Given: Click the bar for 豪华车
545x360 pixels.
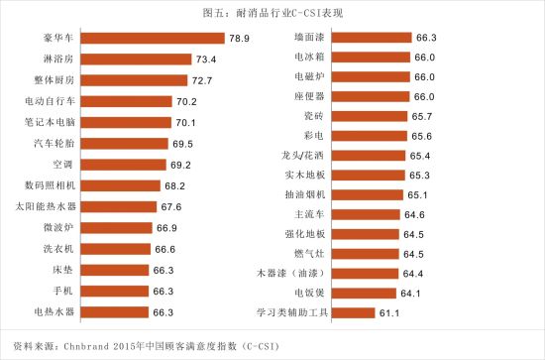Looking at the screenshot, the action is click(x=153, y=38).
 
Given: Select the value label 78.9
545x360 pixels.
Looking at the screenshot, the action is click(x=239, y=39).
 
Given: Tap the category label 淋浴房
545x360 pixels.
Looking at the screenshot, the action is click(x=58, y=59).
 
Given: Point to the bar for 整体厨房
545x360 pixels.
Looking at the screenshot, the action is click(x=134, y=80).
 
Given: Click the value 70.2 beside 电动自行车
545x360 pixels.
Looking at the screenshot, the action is click(x=186, y=101).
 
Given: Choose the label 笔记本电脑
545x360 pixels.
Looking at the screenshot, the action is click(x=50, y=122).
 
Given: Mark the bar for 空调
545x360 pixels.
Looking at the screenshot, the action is click(x=124, y=165).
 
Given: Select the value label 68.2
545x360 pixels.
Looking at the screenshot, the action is click(x=174, y=186).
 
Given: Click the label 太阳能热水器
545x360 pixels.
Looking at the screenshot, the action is click(x=46, y=206).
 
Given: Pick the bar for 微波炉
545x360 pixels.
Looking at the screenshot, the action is click(x=117, y=228).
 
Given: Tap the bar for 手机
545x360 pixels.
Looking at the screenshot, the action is click(x=115, y=292).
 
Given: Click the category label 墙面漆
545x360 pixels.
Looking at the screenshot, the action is click(x=309, y=37).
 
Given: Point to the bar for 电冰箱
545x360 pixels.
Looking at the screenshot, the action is click(x=371, y=58).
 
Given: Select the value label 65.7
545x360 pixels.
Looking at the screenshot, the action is click(x=422, y=116).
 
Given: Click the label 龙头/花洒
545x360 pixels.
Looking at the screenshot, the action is click(x=303, y=155).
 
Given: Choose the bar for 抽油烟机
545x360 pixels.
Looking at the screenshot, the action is click(x=368, y=194).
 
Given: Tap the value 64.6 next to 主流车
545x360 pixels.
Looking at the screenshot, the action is click(x=414, y=215).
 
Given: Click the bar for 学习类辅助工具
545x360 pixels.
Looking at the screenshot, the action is click(x=354, y=313).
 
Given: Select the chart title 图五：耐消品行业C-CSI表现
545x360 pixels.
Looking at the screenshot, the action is click(x=272, y=13).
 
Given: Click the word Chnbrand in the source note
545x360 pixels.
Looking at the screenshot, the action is click(x=86, y=346).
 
